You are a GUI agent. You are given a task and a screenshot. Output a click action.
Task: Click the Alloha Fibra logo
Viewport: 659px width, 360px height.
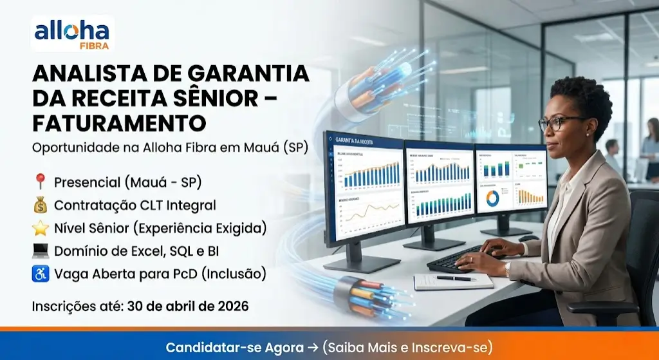(72, 33)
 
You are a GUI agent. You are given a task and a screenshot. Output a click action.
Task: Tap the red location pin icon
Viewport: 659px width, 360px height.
(40, 182)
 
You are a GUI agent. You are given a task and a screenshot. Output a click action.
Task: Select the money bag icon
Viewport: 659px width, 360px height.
(40, 205)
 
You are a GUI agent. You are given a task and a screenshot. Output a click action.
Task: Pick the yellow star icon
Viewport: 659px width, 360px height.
(40, 228)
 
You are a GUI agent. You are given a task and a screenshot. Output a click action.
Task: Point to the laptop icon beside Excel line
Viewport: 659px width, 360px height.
(40, 251)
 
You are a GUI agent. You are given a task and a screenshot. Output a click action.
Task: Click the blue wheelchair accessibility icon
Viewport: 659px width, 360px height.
(40, 274)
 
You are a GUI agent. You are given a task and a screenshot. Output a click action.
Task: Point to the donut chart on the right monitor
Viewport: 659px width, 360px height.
(492, 198)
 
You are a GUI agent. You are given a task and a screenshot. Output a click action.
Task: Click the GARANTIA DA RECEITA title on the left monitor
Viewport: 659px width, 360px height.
(353, 141)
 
